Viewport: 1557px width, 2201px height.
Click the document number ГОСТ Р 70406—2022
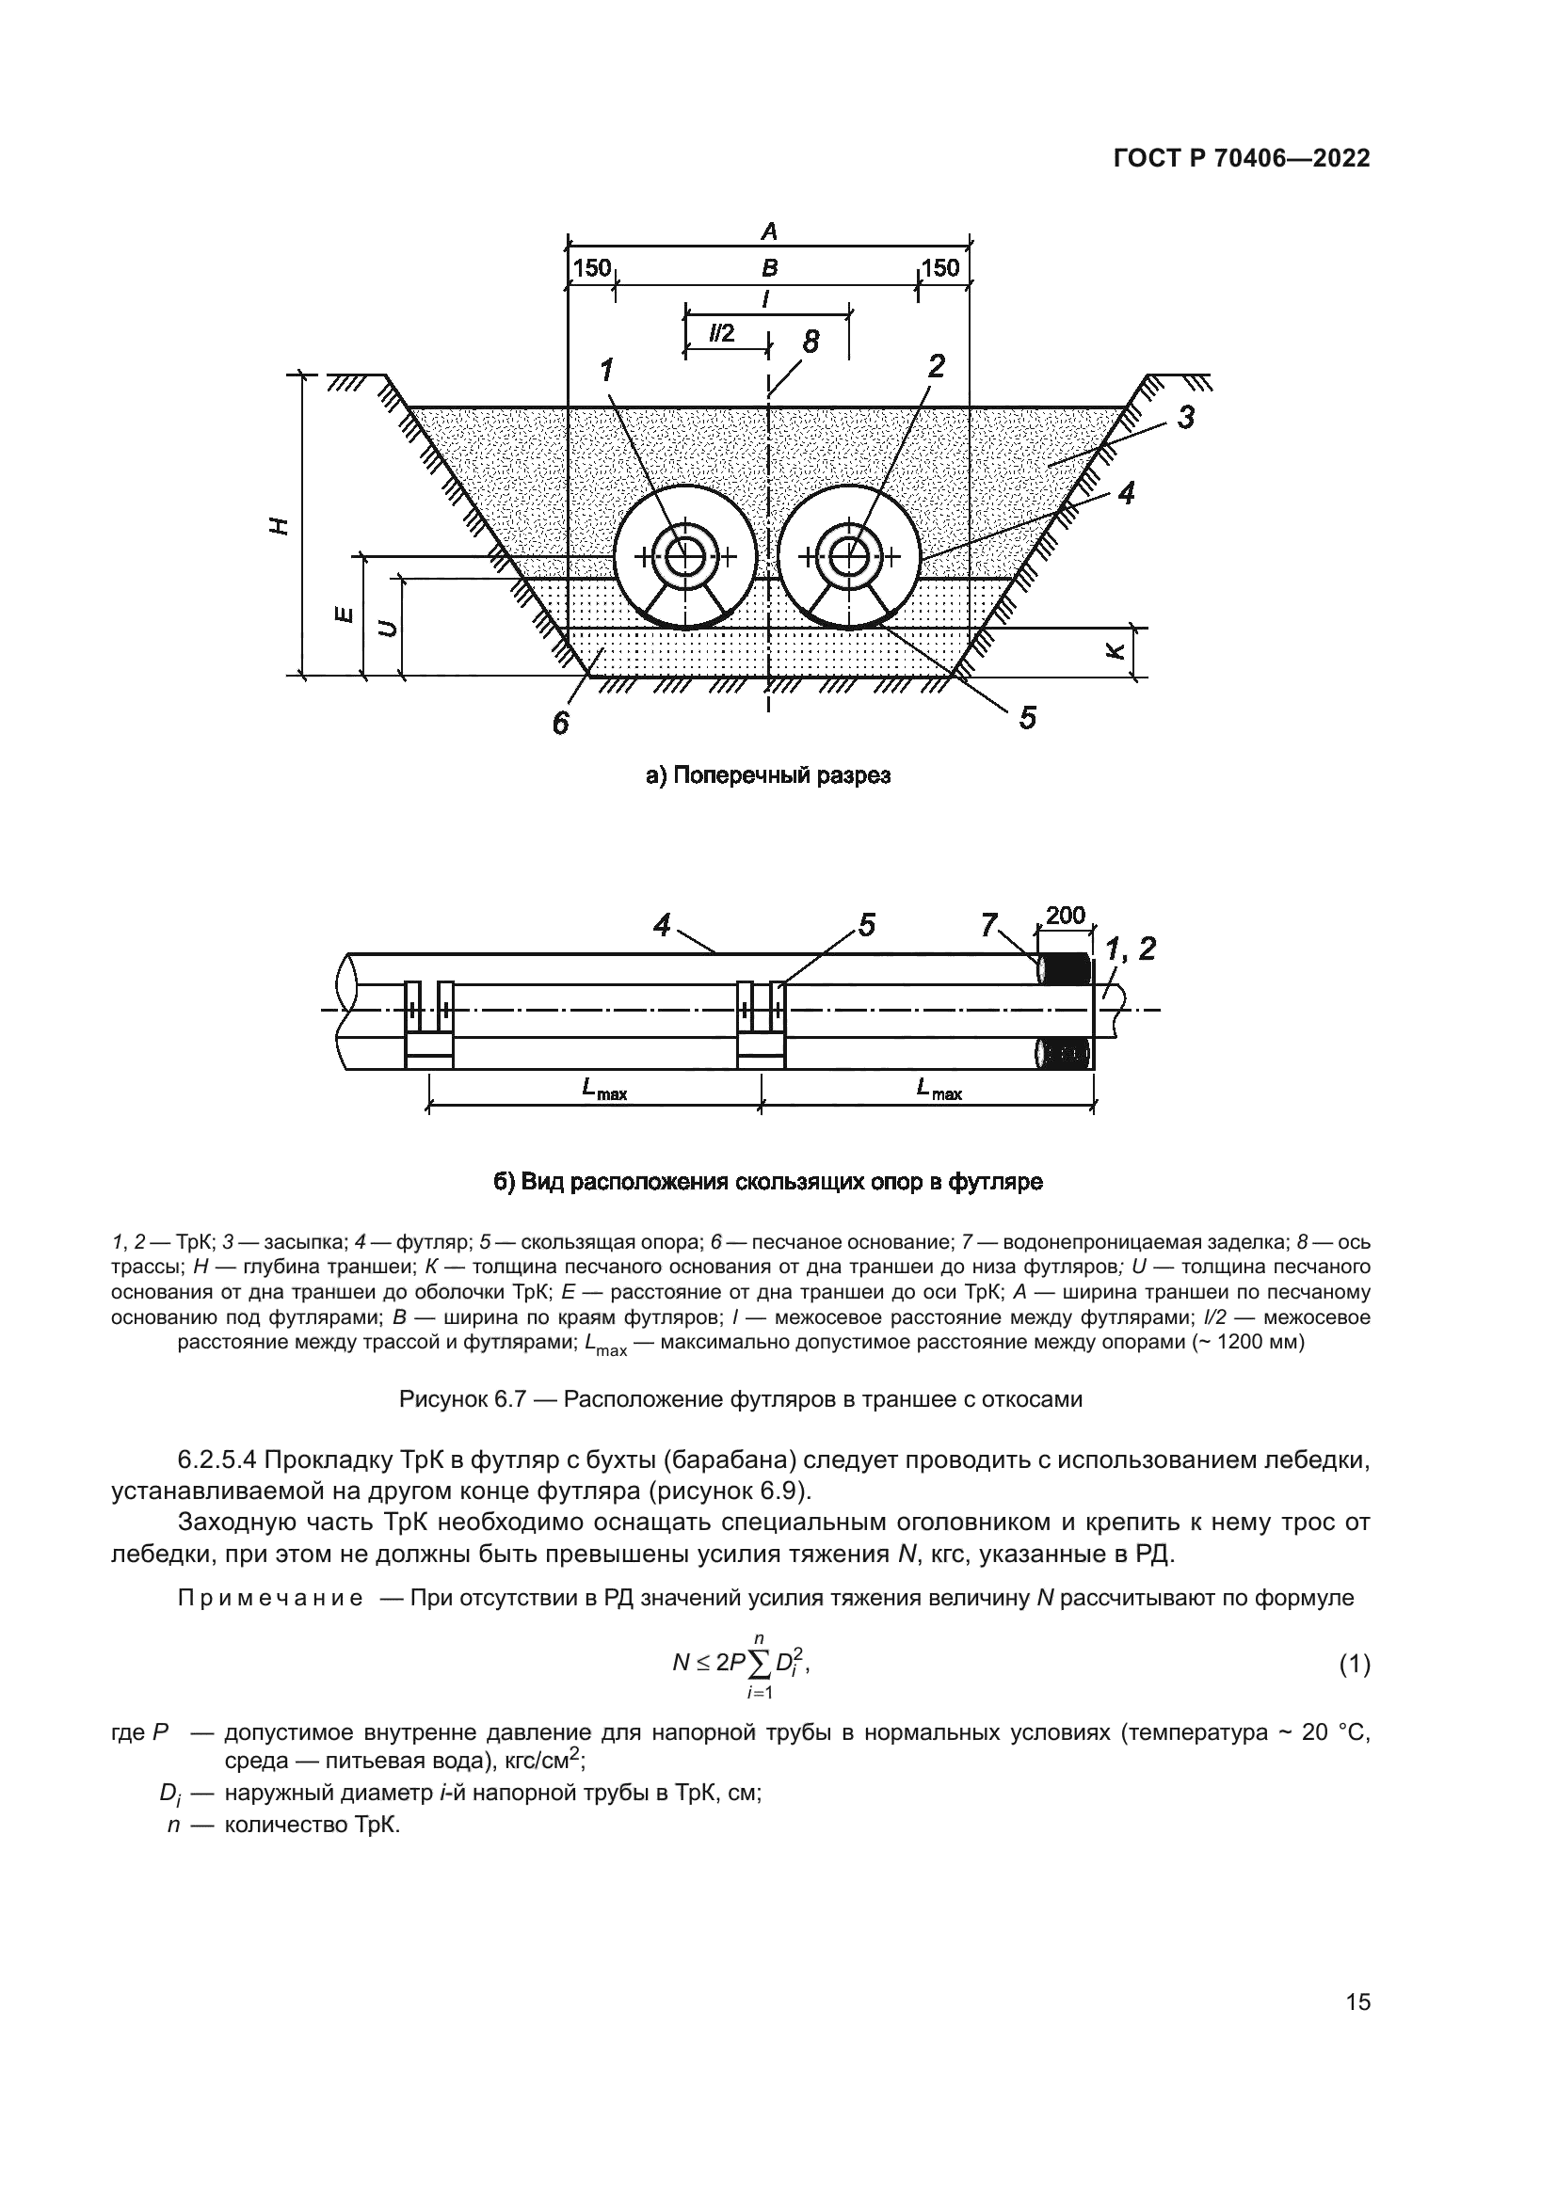point(1242,159)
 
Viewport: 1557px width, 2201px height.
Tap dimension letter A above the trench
point(768,231)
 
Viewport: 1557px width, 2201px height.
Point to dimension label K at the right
point(1113,651)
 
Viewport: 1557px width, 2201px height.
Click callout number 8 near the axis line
point(811,342)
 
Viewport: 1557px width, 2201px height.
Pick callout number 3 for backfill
point(1186,418)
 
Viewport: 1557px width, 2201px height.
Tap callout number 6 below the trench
point(561,723)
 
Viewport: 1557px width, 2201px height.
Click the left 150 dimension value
point(591,267)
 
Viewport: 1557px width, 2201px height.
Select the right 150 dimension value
point(939,267)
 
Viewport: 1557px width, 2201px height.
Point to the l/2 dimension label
point(721,332)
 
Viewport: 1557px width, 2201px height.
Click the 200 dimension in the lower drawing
point(1065,916)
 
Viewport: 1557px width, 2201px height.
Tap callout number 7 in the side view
point(989,924)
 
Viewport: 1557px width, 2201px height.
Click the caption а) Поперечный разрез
point(768,775)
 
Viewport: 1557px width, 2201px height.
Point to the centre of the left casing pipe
point(684,556)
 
